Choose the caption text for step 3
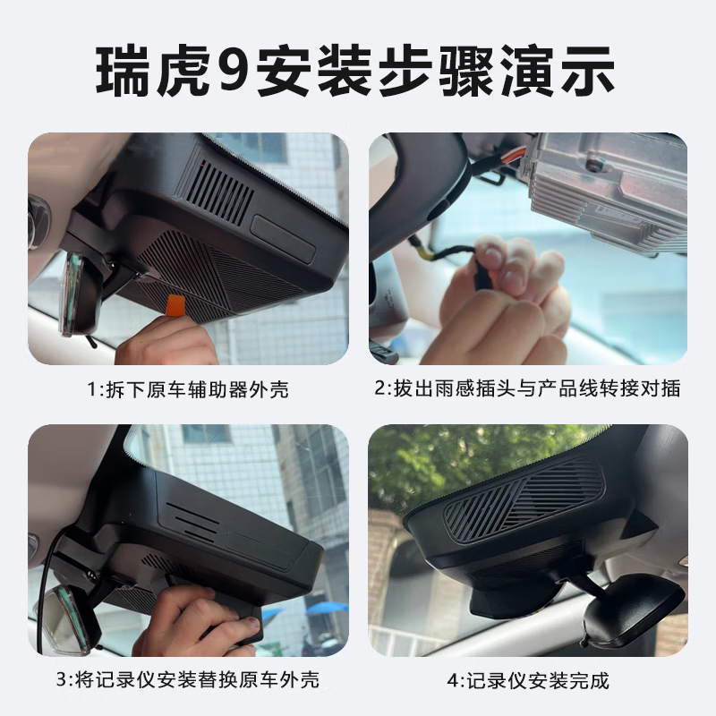click(188, 680)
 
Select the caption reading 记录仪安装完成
click(528, 680)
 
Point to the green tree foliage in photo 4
click(447, 465)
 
